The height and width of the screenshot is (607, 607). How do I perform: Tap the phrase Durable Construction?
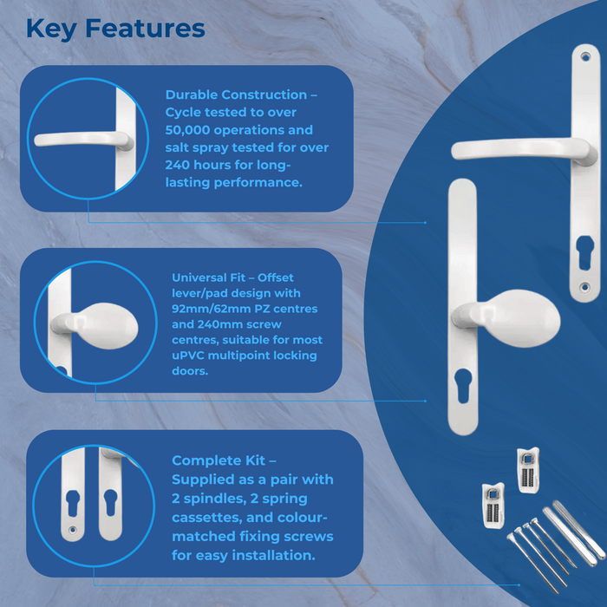[x=235, y=95]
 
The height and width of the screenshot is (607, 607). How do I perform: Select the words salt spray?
[x=196, y=148]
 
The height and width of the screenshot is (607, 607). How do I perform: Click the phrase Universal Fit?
[x=209, y=277]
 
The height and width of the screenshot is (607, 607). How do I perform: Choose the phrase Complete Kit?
[x=224, y=460]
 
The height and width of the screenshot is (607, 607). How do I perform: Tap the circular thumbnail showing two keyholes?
[x=90, y=501]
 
